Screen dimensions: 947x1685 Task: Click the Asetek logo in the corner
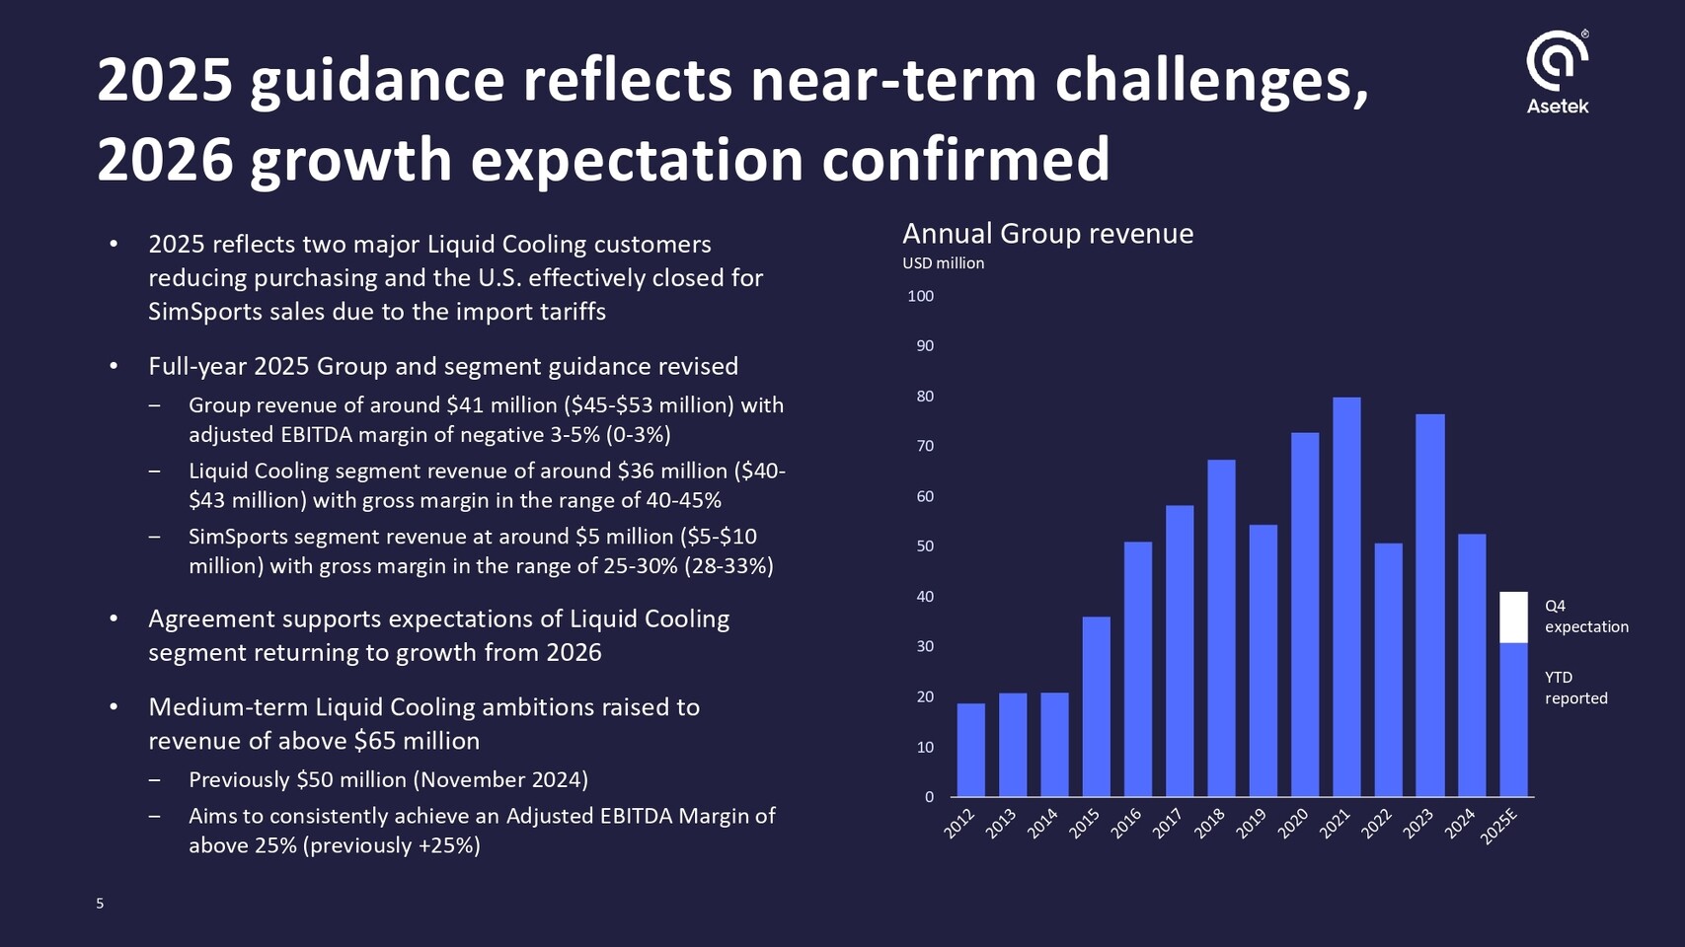[x=1557, y=72]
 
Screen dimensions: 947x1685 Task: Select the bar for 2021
[x=1346, y=597]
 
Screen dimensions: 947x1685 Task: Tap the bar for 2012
[x=971, y=750]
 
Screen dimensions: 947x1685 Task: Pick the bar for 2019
[x=1264, y=660]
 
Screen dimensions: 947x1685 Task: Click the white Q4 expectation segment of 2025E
[x=1513, y=618]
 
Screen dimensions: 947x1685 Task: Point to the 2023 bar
[x=1429, y=605]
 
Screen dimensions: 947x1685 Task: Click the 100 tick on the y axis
[x=920, y=296]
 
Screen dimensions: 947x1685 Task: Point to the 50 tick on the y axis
[x=924, y=546]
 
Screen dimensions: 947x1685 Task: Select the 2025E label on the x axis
[x=1498, y=827]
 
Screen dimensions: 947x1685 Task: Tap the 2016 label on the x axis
[x=1126, y=824]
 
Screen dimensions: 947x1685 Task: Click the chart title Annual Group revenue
[x=1047, y=234]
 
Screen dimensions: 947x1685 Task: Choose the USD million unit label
[x=943, y=263]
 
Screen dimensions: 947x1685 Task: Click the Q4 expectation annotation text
[x=1585, y=617]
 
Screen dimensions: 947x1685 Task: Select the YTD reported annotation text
[x=1575, y=688]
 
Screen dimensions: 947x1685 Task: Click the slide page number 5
[x=100, y=904]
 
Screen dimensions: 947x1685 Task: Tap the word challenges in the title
[x=1211, y=81]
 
